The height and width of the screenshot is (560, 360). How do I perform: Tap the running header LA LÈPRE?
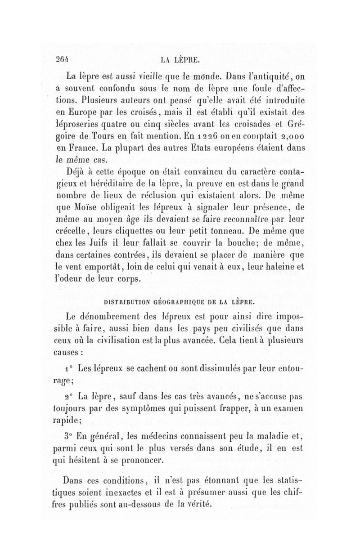click(x=181, y=59)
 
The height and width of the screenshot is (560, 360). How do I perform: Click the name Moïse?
click(x=94, y=208)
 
